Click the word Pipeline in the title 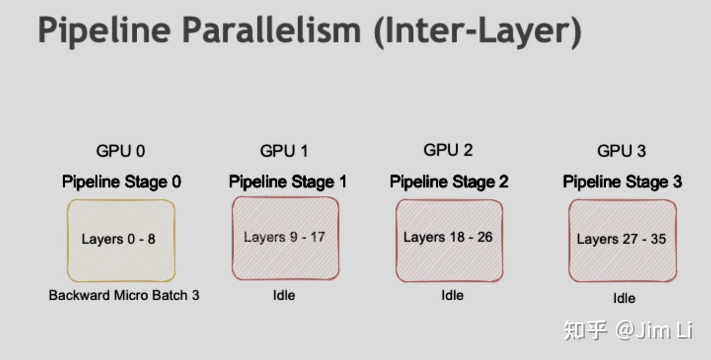click(104, 31)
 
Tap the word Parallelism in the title click(272, 31)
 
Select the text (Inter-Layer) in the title click(477, 31)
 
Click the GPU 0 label click(120, 151)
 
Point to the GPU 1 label click(284, 151)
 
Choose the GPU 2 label click(448, 150)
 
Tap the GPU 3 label click(622, 151)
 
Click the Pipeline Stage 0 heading click(121, 182)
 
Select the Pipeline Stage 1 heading click(287, 182)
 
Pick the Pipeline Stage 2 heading click(449, 182)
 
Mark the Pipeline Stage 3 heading click(622, 182)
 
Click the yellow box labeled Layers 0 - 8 click(121, 240)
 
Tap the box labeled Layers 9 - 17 click(285, 238)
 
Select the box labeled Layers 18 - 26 click(449, 240)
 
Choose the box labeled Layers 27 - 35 click(622, 240)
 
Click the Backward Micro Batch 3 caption click(124, 295)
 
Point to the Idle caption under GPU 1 click(284, 295)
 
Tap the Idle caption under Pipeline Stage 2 click(452, 295)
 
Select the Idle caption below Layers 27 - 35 click(624, 298)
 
